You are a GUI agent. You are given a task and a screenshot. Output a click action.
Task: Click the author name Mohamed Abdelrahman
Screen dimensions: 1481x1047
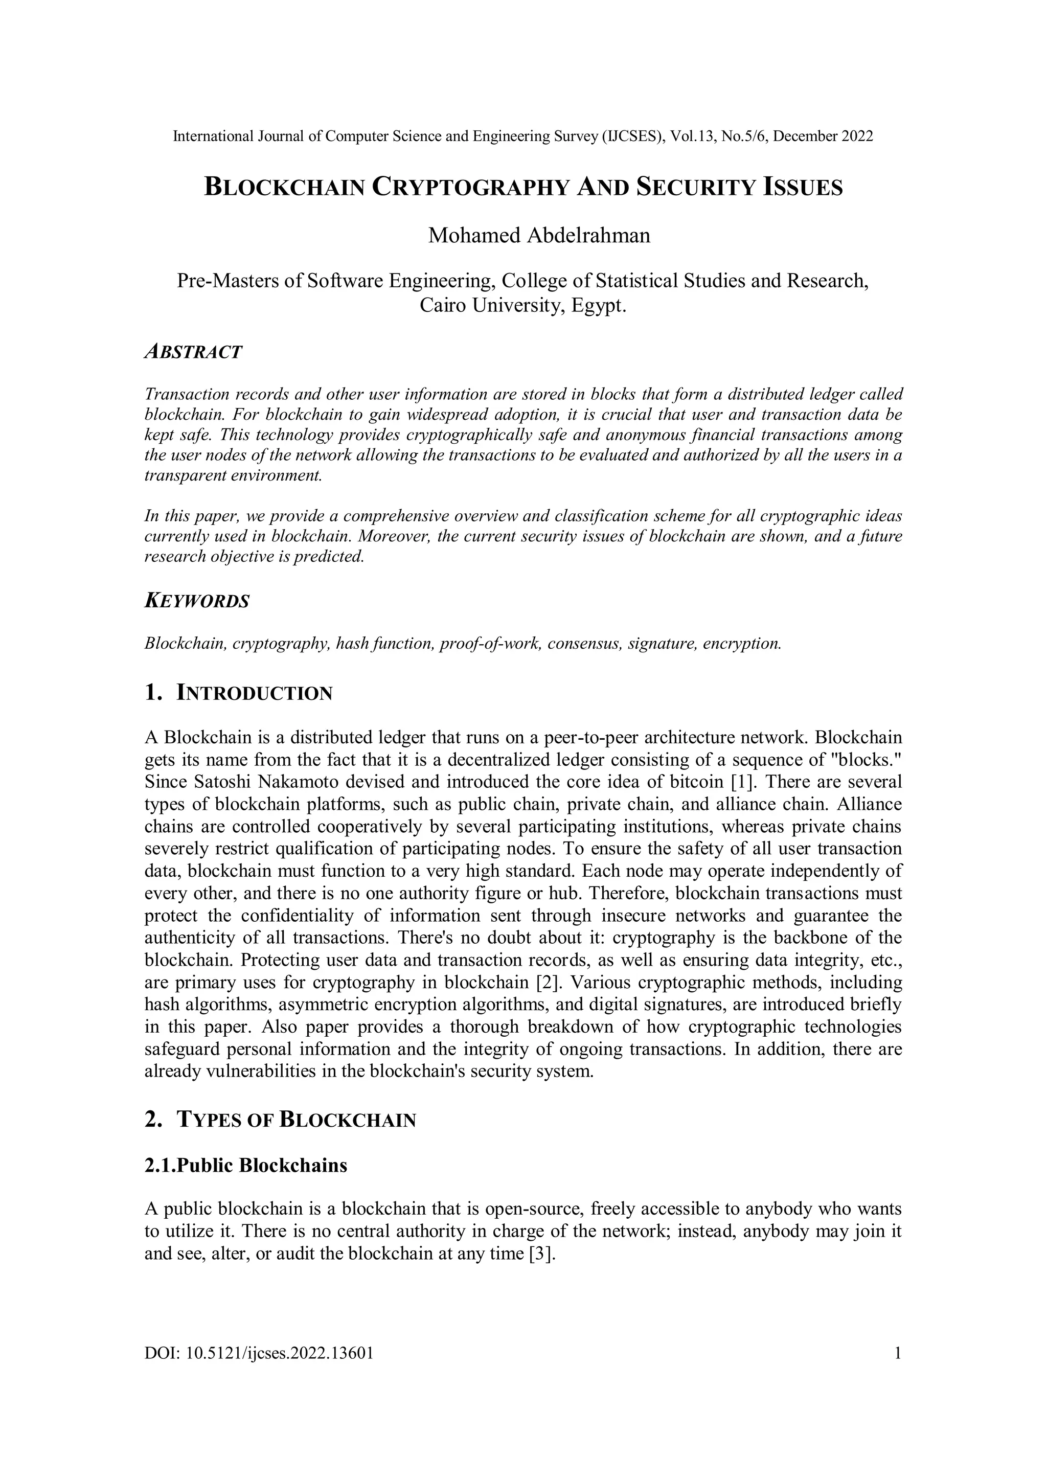(539, 236)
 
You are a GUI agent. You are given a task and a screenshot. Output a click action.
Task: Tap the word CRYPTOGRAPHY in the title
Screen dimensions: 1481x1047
(470, 187)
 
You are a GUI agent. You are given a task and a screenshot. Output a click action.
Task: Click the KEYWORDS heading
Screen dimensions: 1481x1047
(197, 601)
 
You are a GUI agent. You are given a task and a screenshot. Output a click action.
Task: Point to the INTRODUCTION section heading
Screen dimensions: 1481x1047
(254, 693)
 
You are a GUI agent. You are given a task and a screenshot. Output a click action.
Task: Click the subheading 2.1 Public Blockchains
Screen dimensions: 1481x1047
(246, 1166)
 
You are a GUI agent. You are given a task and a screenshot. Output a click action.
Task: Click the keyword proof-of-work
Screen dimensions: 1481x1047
(490, 644)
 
